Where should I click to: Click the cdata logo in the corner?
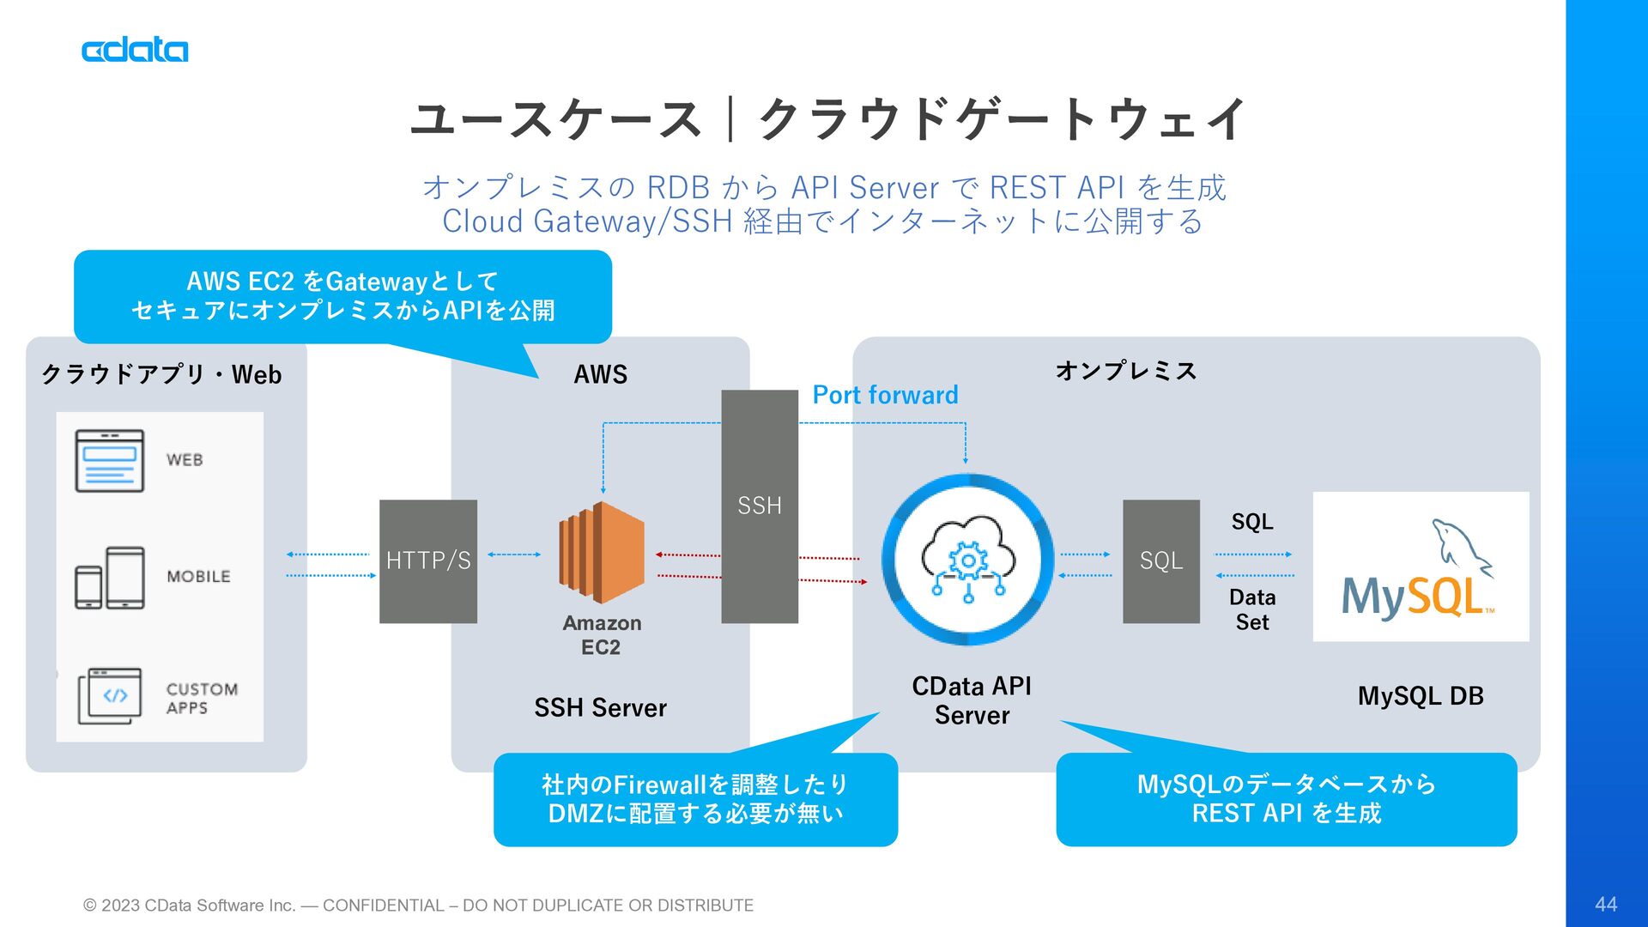pyautogui.click(x=135, y=50)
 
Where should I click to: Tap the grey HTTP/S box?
pyautogui.click(x=428, y=561)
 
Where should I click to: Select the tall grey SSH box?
pyautogui.click(x=760, y=506)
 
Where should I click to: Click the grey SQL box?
pyautogui.click(x=1160, y=561)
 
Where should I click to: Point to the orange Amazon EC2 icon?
pyautogui.click(x=602, y=553)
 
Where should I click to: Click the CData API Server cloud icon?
pyautogui.click(x=968, y=560)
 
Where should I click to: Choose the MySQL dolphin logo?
pyautogui.click(x=1421, y=566)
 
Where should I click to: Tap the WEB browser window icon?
pyautogui.click(x=110, y=461)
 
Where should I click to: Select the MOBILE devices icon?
pyautogui.click(x=110, y=578)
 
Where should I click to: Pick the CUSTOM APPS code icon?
pyautogui.click(x=110, y=696)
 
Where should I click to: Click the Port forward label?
pyautogui.click(x=885, y=395)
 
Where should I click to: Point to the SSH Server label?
pyautogui.click(x=600, y=708)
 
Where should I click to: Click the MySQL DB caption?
pyautogui.click(x=1421, y=696)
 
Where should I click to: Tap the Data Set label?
pyautogui.click(x=1252, y=609)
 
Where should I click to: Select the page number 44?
pyautogui.click(x=1606, y=904)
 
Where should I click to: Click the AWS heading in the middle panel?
pyautogui.click(x=601, y=374)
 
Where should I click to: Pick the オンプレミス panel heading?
pyautogui.click(x=1126, y=371)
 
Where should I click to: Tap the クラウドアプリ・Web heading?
pyautogui.click(x=161, y=374)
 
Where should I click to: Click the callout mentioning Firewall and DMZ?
pyautogui.click(x=695, y=799)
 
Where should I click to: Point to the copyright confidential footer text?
pyautogui.click(x=418, y=906)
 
